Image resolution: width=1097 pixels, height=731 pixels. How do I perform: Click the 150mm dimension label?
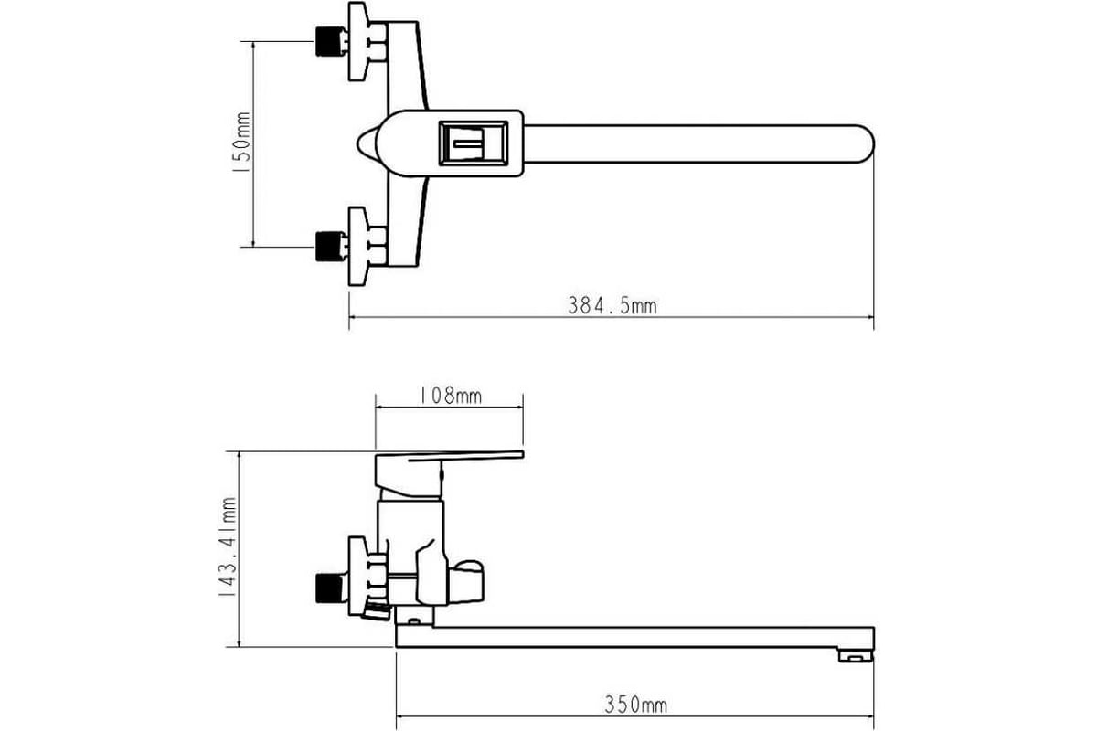pyautogui.click(x=242, y=142)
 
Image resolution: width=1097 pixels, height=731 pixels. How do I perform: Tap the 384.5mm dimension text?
pyautogui.click(x=612, y=306)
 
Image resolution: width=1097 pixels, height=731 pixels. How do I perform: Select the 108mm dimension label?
pyautogui.click(x=451, y=396)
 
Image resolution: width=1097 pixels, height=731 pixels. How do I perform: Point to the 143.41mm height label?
pyautogui.click(x=228, y=547)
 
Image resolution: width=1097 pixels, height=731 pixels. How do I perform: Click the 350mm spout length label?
pyautogui.click(x=635, y=705)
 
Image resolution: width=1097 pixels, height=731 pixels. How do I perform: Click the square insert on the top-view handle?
pyautogui.click(x=474, y=143)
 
